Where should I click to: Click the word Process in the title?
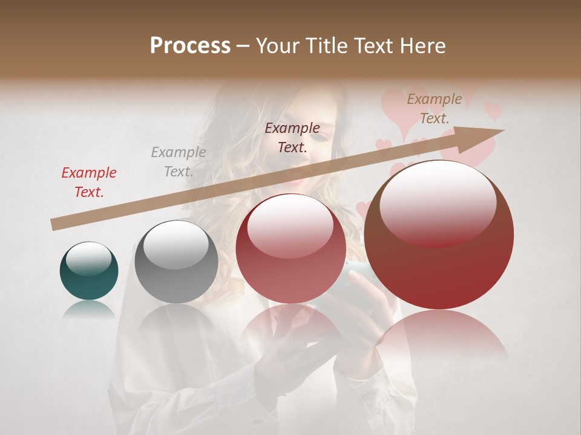[x=190, y=46]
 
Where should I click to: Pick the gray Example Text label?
[x=178, y=162]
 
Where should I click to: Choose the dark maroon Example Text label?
[x=292, y=138]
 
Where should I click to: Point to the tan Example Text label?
[x=434, y=109]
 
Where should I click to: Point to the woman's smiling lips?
[x=298, y=179]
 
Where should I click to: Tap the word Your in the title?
[x=279, y=46]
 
